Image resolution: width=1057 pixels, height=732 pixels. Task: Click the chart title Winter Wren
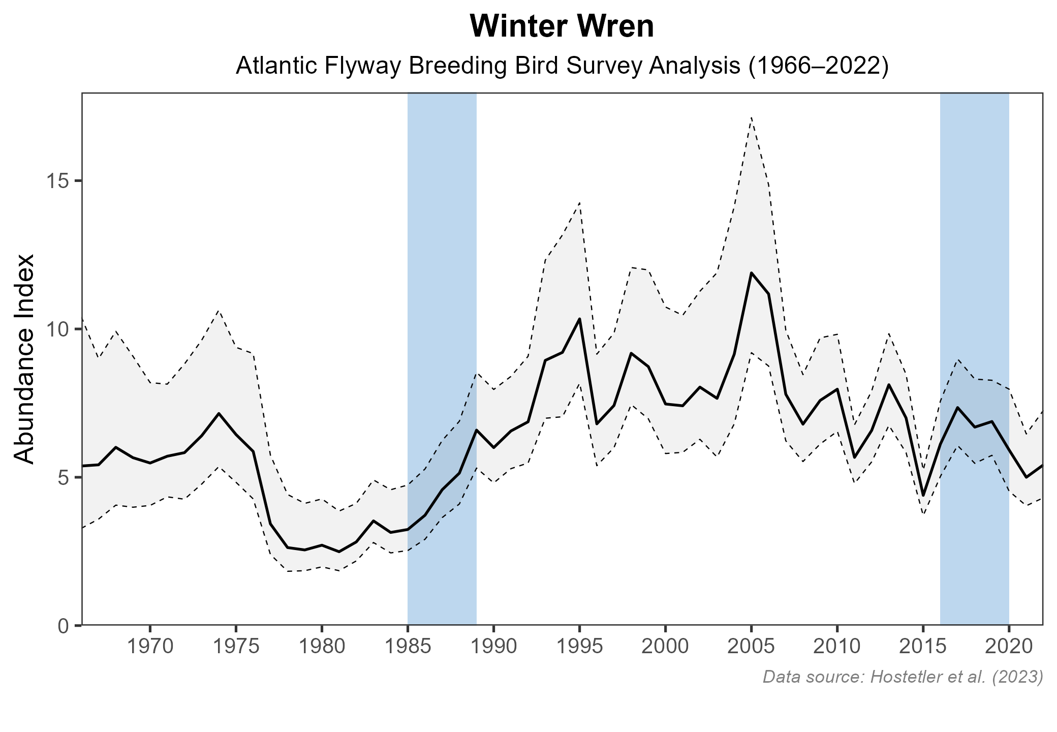[x=562, y=27]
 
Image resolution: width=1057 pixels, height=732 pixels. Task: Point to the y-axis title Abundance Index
[x=24, y=359]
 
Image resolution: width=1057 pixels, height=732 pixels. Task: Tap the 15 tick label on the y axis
[x=57, y=181]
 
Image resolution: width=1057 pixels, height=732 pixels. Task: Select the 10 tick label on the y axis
[x=57, y=329]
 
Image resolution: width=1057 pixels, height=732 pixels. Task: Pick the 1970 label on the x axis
[x=150, y=647]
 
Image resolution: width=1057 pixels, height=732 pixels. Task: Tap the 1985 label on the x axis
[x=408, y=647]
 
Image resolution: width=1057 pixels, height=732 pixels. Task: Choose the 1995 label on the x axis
[x=579, y=647]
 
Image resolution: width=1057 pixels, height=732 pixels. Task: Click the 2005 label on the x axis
[x=751, y=647]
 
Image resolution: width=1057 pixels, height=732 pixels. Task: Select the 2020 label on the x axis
[x=1009, y=647]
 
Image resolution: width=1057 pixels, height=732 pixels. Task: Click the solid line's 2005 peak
[x=751, y=273]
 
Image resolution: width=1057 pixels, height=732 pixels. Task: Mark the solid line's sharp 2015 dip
[x=923, y=495]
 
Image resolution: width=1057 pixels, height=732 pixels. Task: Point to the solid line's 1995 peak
[x=579, y=319]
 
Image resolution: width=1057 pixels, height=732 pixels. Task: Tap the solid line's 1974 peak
[x=219, y=413]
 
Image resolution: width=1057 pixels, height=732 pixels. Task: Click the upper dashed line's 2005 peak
[x=751, y=117]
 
